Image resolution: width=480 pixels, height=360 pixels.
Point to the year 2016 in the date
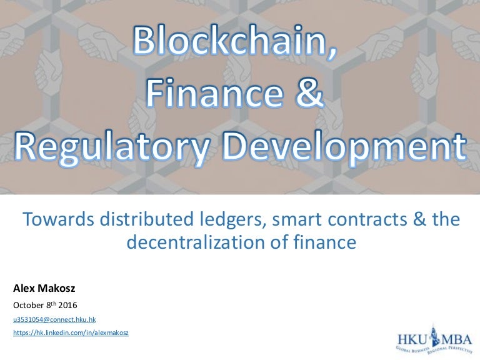73,305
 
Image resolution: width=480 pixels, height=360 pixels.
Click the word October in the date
28,305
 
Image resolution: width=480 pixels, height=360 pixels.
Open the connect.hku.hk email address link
54,319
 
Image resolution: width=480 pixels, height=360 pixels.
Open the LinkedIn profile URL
71,333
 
